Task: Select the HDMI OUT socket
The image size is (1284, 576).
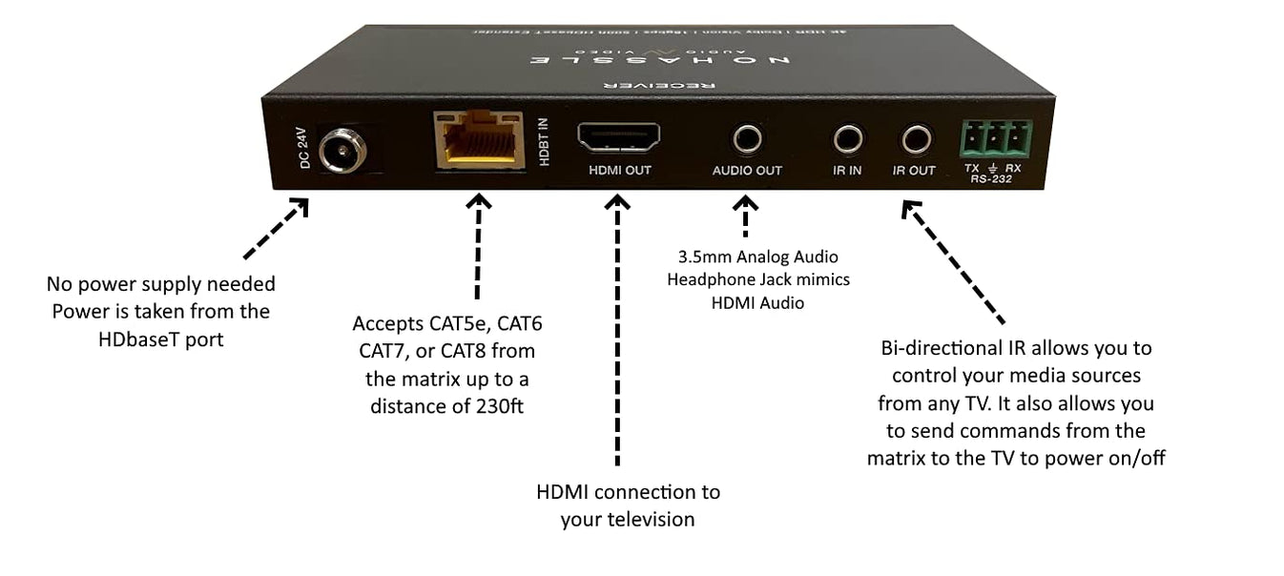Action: coord(618,138)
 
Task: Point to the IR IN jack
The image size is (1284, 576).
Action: coord(847,140)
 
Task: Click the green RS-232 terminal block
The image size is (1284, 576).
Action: coord(998,139)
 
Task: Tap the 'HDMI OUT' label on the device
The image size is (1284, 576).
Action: coord(618,171)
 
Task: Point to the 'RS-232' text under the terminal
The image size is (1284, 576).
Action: coord(993,178)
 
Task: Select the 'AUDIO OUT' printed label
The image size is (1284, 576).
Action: coord(747,171)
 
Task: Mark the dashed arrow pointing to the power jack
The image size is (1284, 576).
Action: coord(276,229)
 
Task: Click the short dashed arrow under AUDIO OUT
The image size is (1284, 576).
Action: coord(746,216)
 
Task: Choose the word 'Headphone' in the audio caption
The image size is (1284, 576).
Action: coord(710,279)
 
